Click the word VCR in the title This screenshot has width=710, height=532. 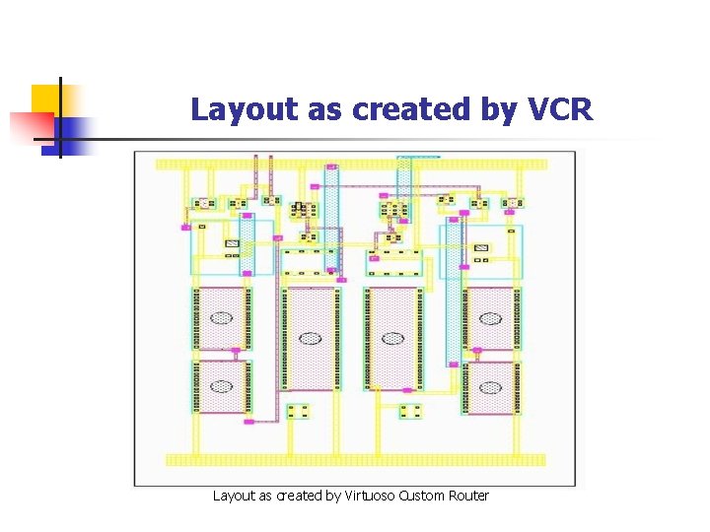click(560, 109)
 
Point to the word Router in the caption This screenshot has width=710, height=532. click(468, 496)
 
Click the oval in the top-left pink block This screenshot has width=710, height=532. click(222, 318)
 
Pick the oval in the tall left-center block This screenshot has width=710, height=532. click(311, 338)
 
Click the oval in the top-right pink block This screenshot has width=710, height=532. click(490, 318)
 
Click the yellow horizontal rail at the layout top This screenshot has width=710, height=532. click(350, 163)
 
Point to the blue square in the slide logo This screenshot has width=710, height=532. click(74, 131)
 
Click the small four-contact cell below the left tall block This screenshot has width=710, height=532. click(298, 411)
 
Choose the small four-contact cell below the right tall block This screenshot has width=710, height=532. click(411, 411)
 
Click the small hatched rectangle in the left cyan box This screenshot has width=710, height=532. click(233, 243)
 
